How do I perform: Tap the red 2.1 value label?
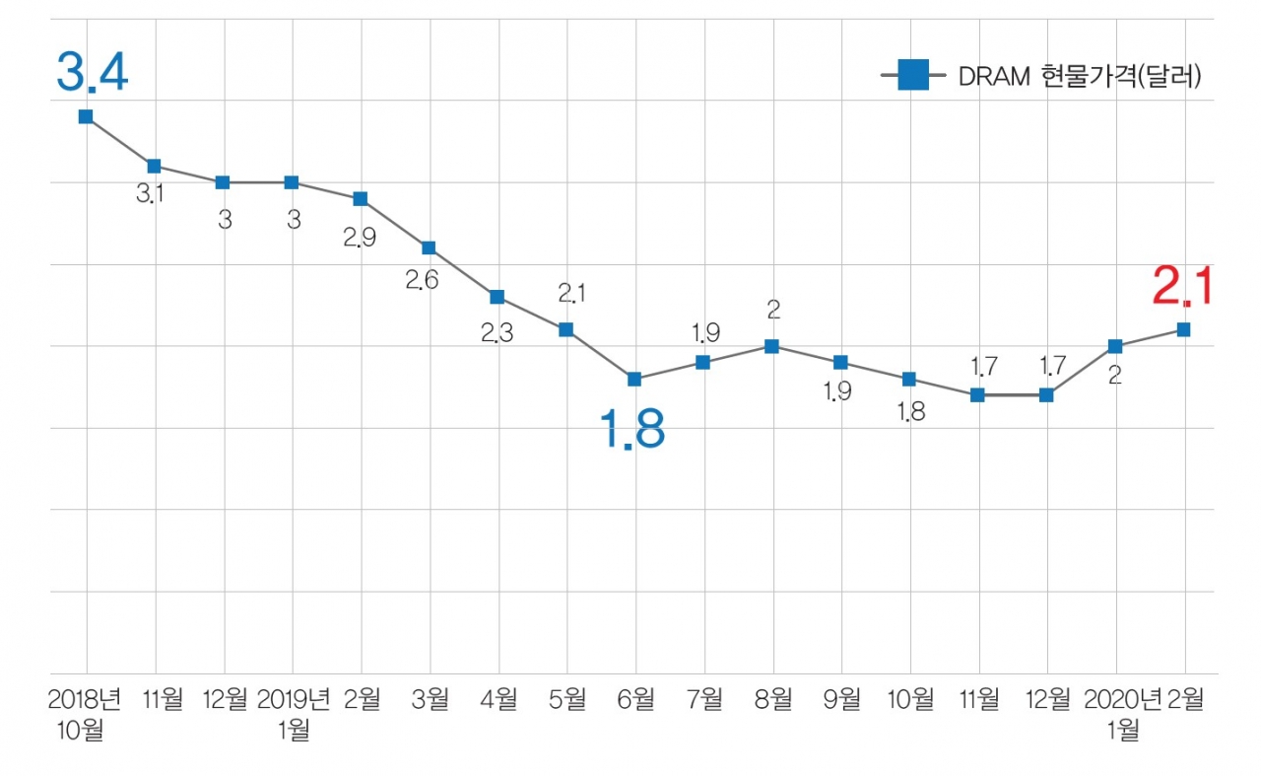(1182, 288)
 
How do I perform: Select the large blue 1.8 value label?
(632, 430)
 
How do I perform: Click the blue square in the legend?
(913, 75)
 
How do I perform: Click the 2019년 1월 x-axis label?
(293, 714)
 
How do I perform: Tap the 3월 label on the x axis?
(430, 700)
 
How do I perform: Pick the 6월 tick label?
(635, 700)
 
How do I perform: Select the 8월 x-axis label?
(772, 700)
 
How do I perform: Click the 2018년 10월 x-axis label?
(86, 714)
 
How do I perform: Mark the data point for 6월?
(634, 379)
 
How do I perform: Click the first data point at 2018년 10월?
(86, 116)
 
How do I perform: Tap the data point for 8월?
(772, 346)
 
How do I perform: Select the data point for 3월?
(429, 247)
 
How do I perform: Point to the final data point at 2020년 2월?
(1183, 329)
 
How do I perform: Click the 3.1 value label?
(150, 194)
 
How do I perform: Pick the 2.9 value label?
(360, 238)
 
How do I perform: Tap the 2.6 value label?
(422, 280)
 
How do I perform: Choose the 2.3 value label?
(498, 333)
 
